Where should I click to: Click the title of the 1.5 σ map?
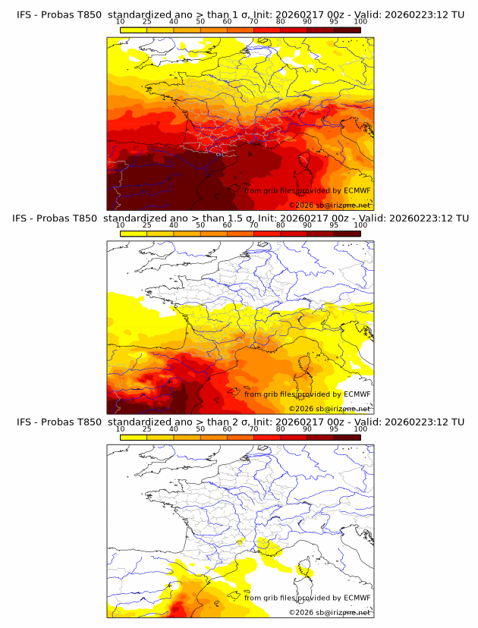(240, 218)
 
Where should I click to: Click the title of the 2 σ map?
(240, 422)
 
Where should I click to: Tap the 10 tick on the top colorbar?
(121, 23)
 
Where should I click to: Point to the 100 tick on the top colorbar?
(360, 23)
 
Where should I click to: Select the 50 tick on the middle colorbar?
(200, 226)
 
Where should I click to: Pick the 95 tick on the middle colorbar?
(334, 226)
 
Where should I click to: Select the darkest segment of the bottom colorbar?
(347, 438)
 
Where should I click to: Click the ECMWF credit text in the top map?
(307, 190)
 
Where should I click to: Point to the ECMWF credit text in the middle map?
(307, 394)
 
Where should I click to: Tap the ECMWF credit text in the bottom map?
(307, 598)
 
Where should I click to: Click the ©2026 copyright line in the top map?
(329, 205)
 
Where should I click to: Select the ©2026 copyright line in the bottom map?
(329, 612)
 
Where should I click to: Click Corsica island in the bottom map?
(306, 569)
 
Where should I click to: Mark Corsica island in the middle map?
(306, 365)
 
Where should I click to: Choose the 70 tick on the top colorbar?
(254, 23)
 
